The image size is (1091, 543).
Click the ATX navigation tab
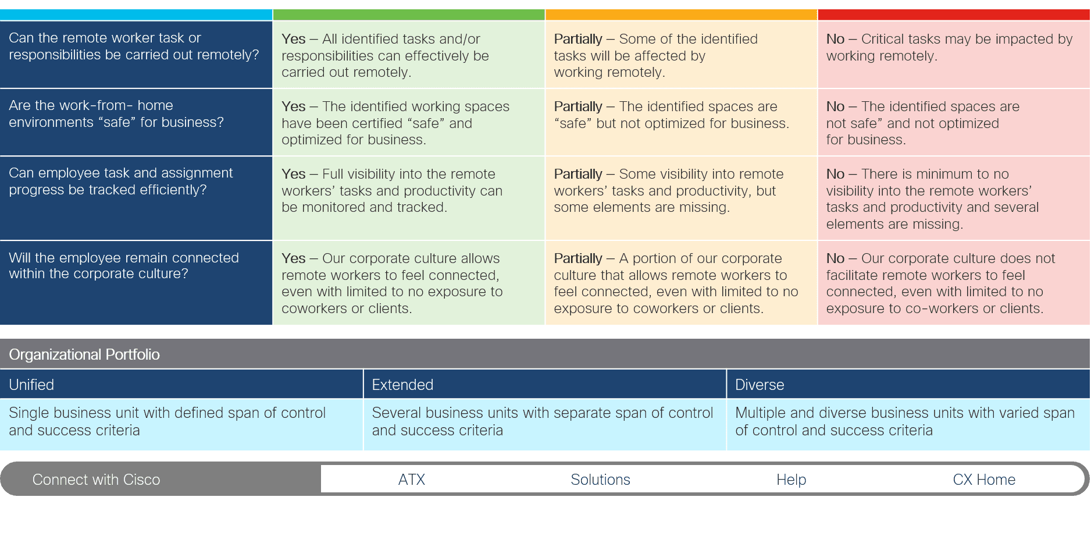[412, 480]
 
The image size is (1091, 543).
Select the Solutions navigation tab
[600, 480]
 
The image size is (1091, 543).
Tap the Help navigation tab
[791, 480]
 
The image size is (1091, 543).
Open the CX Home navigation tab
[984, 480]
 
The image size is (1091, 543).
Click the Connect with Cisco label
[96, 480]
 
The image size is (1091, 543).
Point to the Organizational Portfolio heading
[84, 354]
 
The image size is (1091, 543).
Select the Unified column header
[181, 385]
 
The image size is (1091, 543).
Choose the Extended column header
[545, 385]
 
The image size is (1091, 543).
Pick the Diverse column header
[908, 385]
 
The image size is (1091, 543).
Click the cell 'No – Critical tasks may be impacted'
[954, 55]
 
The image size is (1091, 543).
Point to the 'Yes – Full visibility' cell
[409, 198]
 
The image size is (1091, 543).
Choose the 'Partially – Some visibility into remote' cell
[681, 198]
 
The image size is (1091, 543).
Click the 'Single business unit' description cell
[181, 424]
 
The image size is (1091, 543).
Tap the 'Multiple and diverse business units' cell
[908, 424]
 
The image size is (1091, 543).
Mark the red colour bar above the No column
[954, 15]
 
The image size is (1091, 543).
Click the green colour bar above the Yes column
[409, 15]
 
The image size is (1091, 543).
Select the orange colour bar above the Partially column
[681, 15]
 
